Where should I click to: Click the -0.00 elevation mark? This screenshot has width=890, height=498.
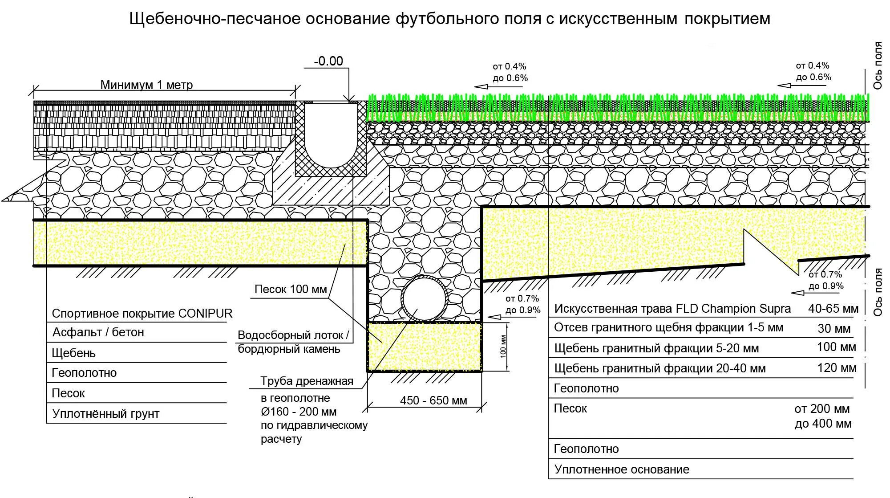328,61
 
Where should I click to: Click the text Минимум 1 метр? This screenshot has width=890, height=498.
146,85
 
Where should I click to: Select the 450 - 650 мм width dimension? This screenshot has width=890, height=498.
433,400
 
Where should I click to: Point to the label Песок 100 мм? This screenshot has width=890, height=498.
291,290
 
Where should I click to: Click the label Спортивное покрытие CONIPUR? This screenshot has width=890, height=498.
142,314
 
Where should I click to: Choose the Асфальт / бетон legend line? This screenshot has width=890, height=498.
98,332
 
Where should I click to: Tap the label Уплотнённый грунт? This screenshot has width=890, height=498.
105,414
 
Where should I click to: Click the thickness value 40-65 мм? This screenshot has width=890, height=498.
833,309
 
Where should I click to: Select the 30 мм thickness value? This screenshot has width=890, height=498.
834,329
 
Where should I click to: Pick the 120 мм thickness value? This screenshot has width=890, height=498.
837,368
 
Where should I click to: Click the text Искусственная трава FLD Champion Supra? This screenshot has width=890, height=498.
672,309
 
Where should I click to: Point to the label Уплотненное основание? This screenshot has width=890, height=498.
622,469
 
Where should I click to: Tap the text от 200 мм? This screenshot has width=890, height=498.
822,409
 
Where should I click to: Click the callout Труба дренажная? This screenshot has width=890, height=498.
307,381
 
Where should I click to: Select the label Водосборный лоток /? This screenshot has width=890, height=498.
293,335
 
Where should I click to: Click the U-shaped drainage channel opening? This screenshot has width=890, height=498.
331,134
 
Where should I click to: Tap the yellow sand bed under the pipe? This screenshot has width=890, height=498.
425,347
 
